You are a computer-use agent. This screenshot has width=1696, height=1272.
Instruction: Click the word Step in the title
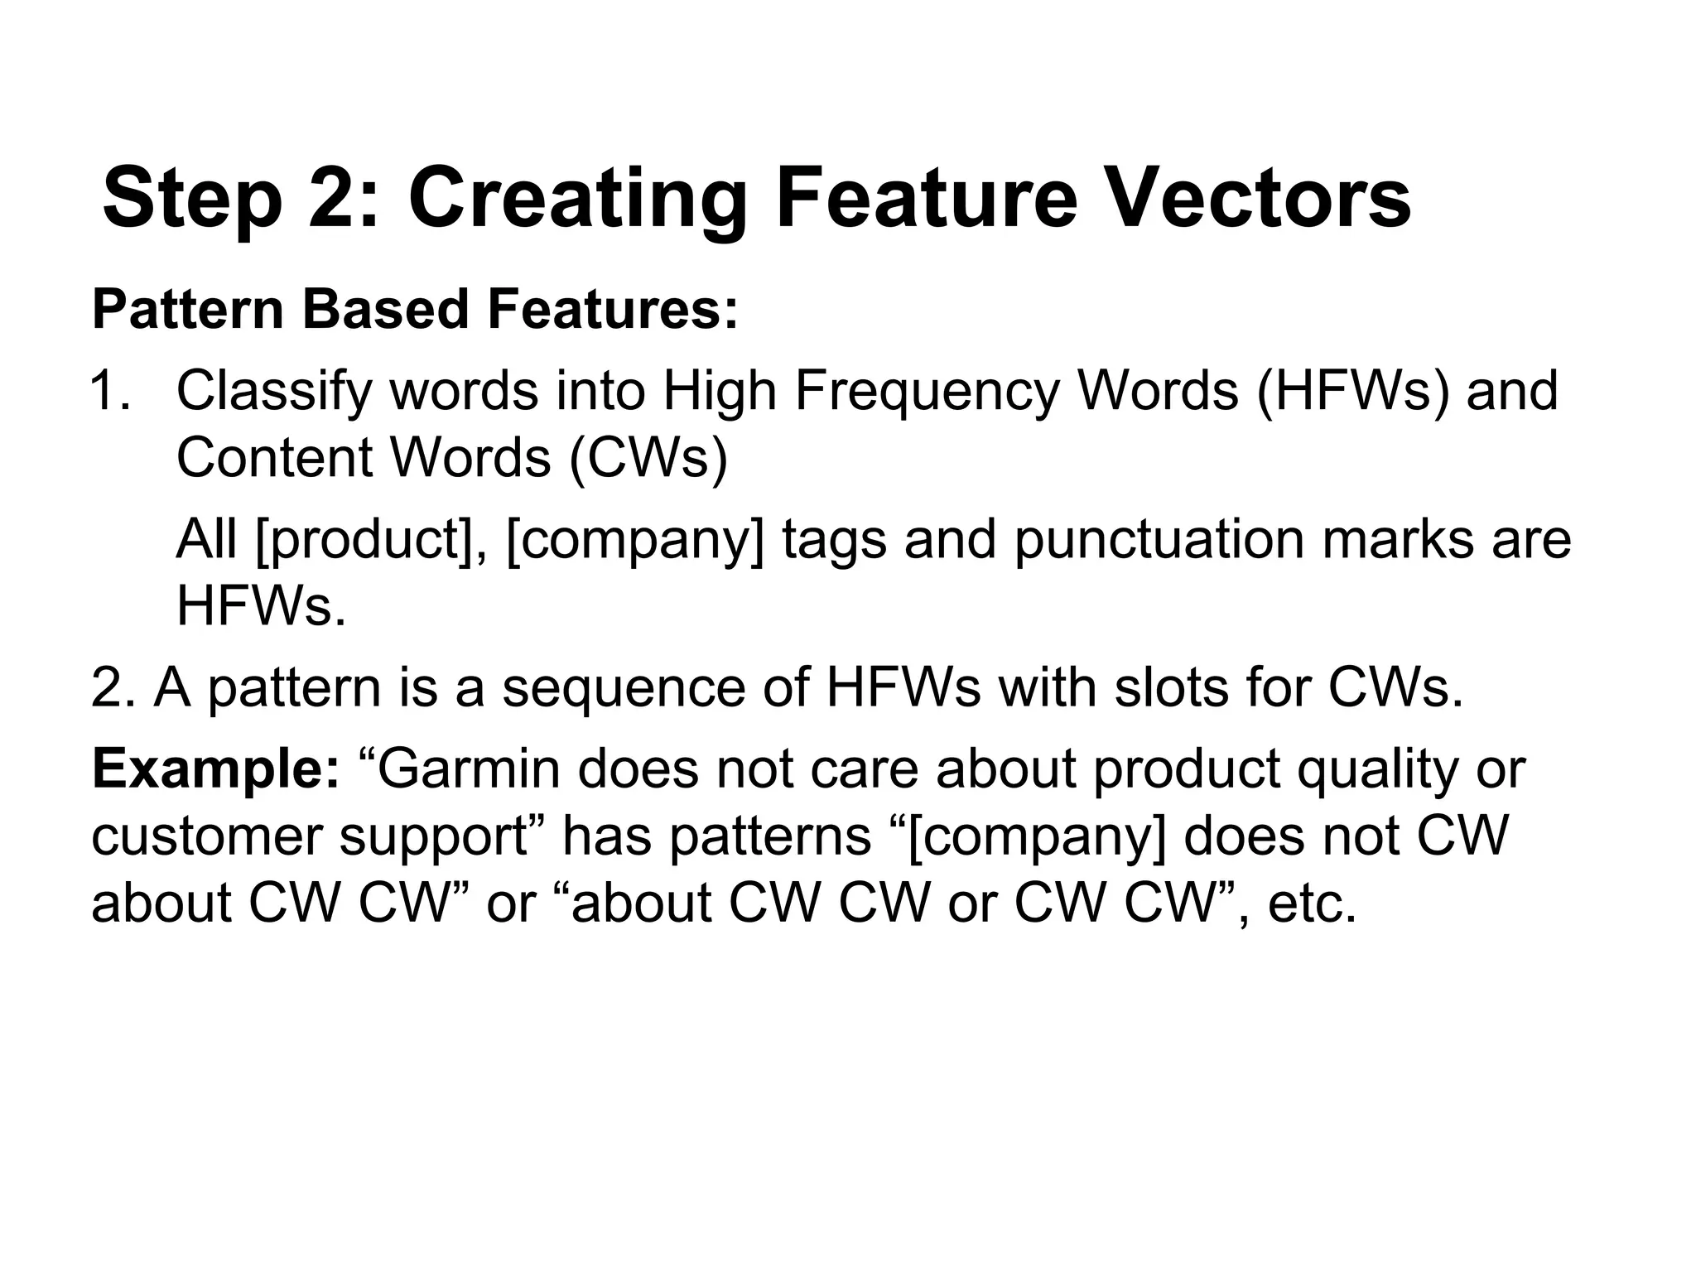click(x=192, y=199)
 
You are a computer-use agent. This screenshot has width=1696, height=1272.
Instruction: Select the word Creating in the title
click(x=577, y=199)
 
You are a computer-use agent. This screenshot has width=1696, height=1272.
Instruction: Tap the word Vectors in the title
click(x=1259, y=199)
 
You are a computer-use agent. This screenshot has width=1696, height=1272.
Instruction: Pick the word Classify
click(x=273, y=391)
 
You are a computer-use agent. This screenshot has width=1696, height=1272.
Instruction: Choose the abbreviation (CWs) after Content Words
click(x=648, y=457)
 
